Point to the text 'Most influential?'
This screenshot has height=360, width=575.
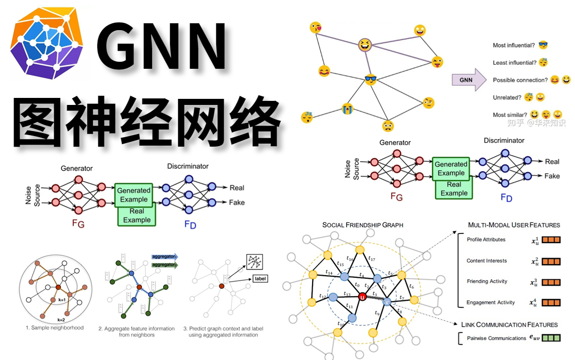(513, 46)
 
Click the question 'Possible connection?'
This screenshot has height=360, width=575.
(520, 80)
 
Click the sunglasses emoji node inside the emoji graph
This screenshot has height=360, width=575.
(370, 79)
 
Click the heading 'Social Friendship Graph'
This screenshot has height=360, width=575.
(363, 225)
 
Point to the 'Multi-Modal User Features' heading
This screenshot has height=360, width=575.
(514, 225)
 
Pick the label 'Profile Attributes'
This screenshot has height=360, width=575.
(486, 240)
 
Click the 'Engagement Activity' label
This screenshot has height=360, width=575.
(490, 303)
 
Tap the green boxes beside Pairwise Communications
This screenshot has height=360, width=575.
(550, 338)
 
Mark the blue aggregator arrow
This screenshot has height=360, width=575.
(164, 257)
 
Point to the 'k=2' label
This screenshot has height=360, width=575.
(61, 319)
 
